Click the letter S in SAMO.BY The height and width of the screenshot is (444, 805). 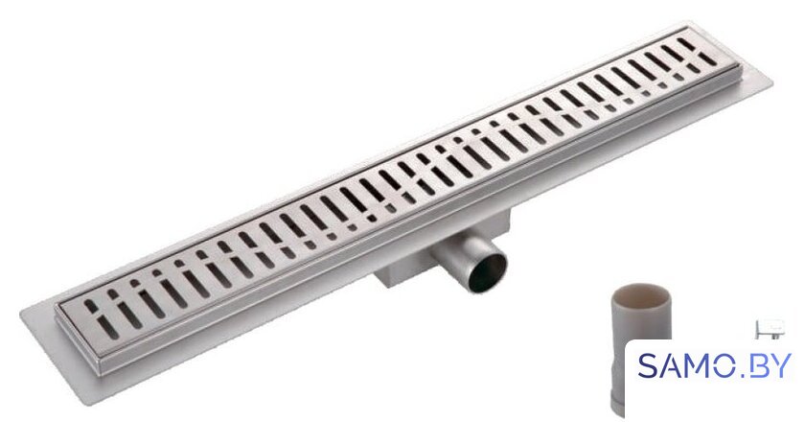650,366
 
